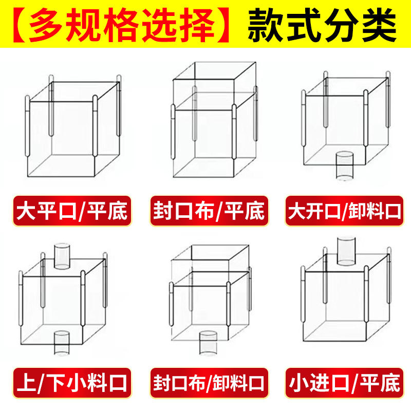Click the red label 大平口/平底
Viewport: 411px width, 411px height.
point(72,210)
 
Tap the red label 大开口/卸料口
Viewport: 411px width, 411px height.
point(343,210)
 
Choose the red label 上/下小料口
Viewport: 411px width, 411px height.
point(72,382)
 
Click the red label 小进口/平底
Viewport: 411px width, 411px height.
point(343,382)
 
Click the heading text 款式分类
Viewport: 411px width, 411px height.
point(322,24)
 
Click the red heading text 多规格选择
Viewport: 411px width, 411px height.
point(122,24)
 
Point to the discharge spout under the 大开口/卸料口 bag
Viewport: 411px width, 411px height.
point(344,165)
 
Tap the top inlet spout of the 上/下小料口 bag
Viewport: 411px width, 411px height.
point(62,256)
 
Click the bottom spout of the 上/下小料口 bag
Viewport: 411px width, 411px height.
point(62,343)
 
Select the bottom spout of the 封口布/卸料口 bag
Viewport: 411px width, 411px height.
point(208,343)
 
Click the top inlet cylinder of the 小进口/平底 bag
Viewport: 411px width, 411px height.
point(346,251)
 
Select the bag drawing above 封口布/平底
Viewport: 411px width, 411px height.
point(214,123)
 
